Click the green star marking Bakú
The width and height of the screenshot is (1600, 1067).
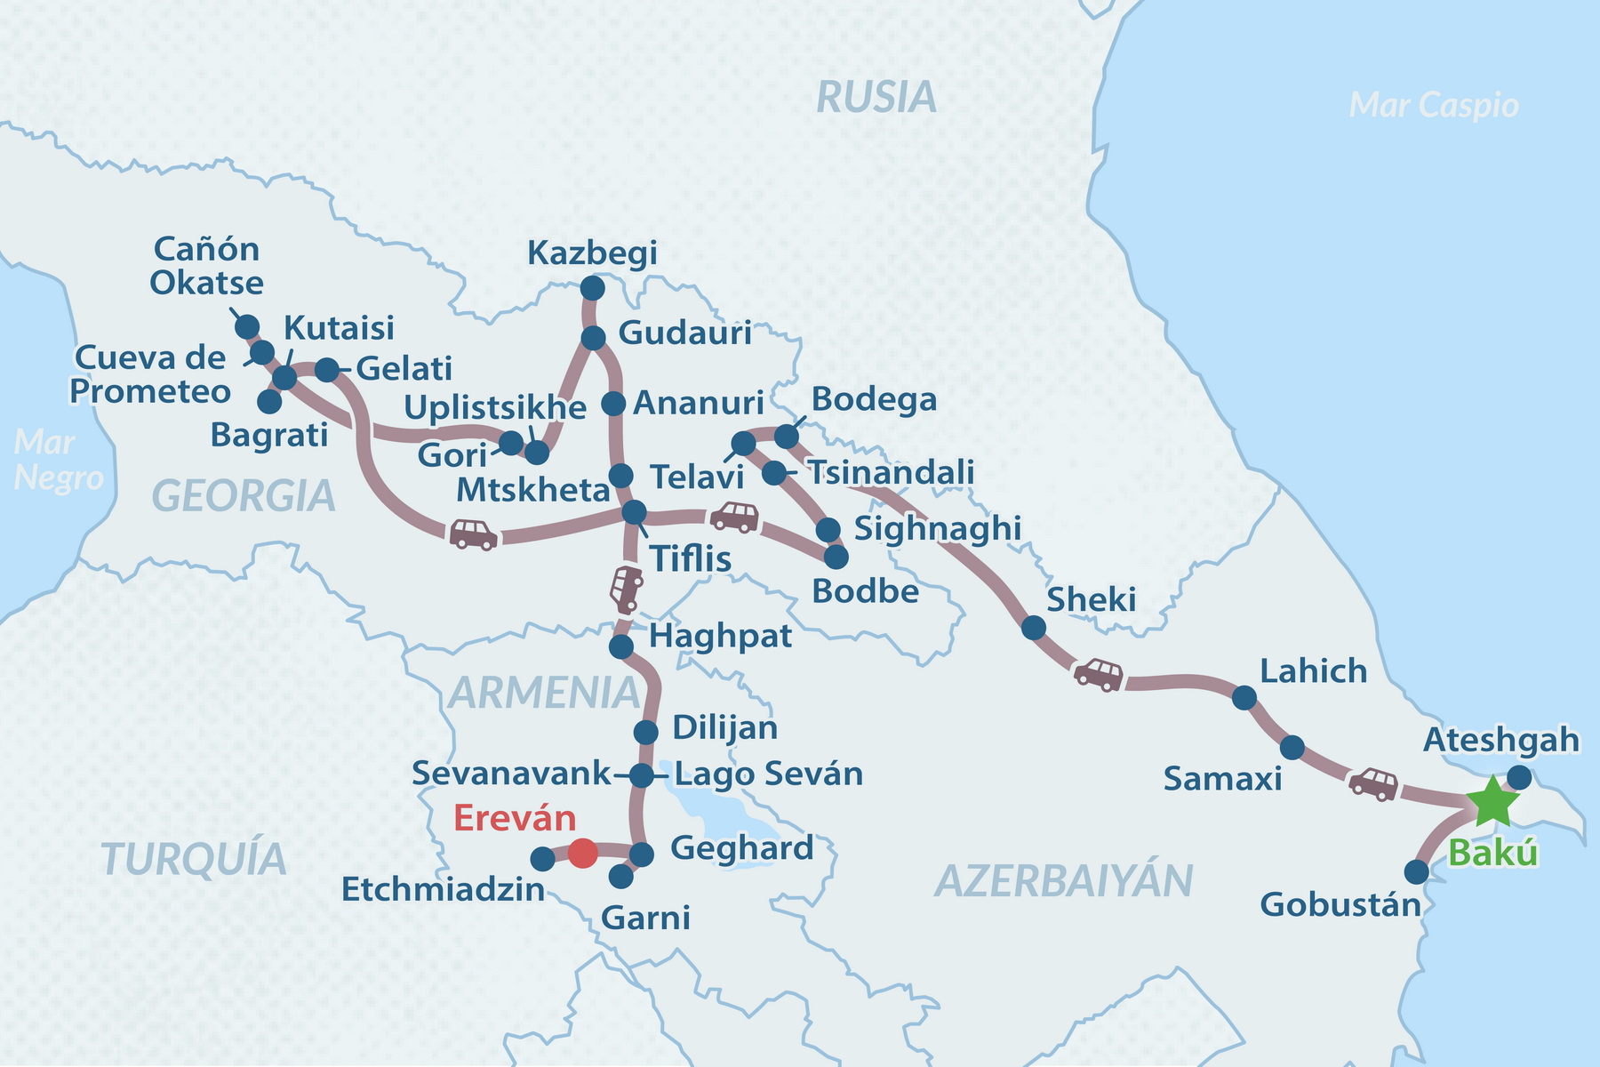[x=1492, y=801]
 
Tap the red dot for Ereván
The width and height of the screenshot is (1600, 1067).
[x=582, y=853]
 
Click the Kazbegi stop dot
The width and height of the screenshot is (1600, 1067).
[x=592, y=288]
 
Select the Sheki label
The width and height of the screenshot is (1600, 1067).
[x=1091, y=600]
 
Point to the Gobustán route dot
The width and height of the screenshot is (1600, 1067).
[x=1416, y=872]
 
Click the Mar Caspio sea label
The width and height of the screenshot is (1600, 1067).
[x=1433, y=105]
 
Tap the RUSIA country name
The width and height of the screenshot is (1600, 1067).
[x=876, y=97]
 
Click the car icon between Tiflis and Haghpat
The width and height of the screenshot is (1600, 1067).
[x=626, y=589]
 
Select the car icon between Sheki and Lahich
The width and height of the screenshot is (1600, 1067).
[x=1099, y=674]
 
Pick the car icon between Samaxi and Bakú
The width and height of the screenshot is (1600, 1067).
[x=1373, y=784]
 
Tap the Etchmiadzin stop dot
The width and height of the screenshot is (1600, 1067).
[x=542, y=859]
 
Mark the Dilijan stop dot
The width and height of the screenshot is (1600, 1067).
[x=646, y=733]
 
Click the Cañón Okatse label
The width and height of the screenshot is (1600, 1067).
[x=206, y=266]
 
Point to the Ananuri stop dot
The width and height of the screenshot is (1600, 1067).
[x=614, y=404]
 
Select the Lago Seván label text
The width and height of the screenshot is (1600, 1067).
[x=768, y=774]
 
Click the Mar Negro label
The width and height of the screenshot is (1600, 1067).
[x=56, y=460]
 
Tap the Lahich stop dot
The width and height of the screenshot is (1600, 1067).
[x=1244, y=698]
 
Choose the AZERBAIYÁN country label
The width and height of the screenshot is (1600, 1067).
[x=1063, y=881]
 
